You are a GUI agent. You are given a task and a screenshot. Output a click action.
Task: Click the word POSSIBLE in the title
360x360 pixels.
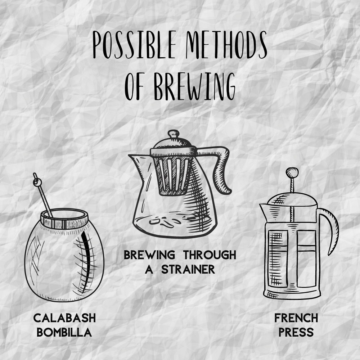[134, 45]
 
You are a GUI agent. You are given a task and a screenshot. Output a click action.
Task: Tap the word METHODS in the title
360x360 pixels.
[226, 45]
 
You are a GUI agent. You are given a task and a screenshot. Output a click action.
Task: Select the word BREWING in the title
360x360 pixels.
[195, 86]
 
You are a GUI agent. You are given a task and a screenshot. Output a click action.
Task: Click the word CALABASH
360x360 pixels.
[64, 318]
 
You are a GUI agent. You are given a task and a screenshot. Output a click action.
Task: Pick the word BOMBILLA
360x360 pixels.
[64, 332]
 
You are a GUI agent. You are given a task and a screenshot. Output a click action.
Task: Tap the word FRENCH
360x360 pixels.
[296, 318]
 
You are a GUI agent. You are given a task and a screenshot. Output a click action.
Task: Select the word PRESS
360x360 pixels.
[296, 332]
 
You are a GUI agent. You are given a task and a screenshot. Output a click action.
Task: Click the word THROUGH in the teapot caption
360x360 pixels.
[210, 255]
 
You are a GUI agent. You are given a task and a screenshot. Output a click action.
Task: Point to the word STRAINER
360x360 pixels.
[188, 269]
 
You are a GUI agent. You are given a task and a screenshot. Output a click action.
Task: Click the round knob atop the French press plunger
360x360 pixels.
[292, 172]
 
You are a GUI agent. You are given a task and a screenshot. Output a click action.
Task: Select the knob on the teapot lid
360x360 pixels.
[174, 134]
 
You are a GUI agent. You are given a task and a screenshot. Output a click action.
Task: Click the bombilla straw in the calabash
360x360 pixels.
[42, 195]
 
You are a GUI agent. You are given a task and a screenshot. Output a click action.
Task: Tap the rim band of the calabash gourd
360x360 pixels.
[64, 219]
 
